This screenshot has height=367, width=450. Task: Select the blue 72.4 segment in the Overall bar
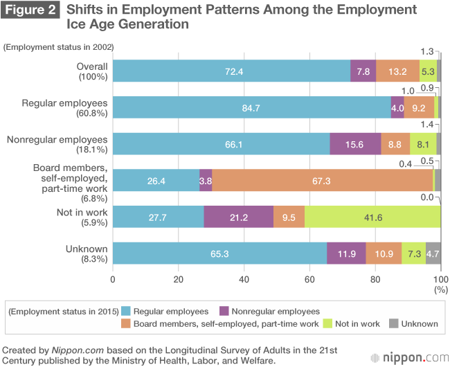(231, 71)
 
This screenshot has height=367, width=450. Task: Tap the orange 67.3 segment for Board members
(322, 180)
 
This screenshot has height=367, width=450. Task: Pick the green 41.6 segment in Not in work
(372, 217)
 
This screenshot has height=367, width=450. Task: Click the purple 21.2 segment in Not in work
(239, 217)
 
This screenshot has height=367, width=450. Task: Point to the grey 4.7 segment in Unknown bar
(433, 253)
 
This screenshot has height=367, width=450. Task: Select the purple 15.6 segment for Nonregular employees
(355, 144)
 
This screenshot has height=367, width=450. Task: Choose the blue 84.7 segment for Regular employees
(251, 107)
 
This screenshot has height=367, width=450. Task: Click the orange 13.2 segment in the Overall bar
(397, 71)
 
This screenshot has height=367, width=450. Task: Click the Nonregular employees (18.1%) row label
(57, 144)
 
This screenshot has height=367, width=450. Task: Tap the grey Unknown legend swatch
(394, 323)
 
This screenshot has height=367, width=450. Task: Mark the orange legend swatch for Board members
(125, 323)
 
